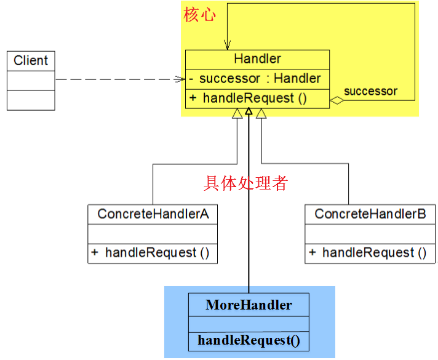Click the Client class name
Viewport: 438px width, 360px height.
click(31, 60)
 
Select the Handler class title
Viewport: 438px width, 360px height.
click(257, 60)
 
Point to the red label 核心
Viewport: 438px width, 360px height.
click(199, 15)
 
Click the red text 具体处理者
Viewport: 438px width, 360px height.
click(245, 183)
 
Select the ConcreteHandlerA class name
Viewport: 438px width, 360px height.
click(153, 214)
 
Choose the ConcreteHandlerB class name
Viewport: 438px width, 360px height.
click(370, 214)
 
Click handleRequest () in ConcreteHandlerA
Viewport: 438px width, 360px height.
click(153, 252)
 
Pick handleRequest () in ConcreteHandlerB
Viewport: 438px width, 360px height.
click(370, 252)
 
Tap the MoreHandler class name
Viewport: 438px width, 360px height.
click(249, 305)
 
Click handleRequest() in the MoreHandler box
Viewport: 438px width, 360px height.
click(249, 340)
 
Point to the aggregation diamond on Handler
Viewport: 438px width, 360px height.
click(335, 100)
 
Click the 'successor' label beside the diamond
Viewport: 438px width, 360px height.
click(370, 92)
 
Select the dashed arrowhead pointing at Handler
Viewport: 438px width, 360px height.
click(180, 79)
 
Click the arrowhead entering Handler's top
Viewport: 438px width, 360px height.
click(228, 46)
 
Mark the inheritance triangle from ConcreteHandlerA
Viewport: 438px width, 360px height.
click(237, 113)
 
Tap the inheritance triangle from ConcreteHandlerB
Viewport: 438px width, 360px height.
click(261, 113)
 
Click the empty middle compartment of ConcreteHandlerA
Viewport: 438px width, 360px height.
click(153, 234)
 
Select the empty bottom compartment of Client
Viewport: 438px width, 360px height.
click(31, 100)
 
